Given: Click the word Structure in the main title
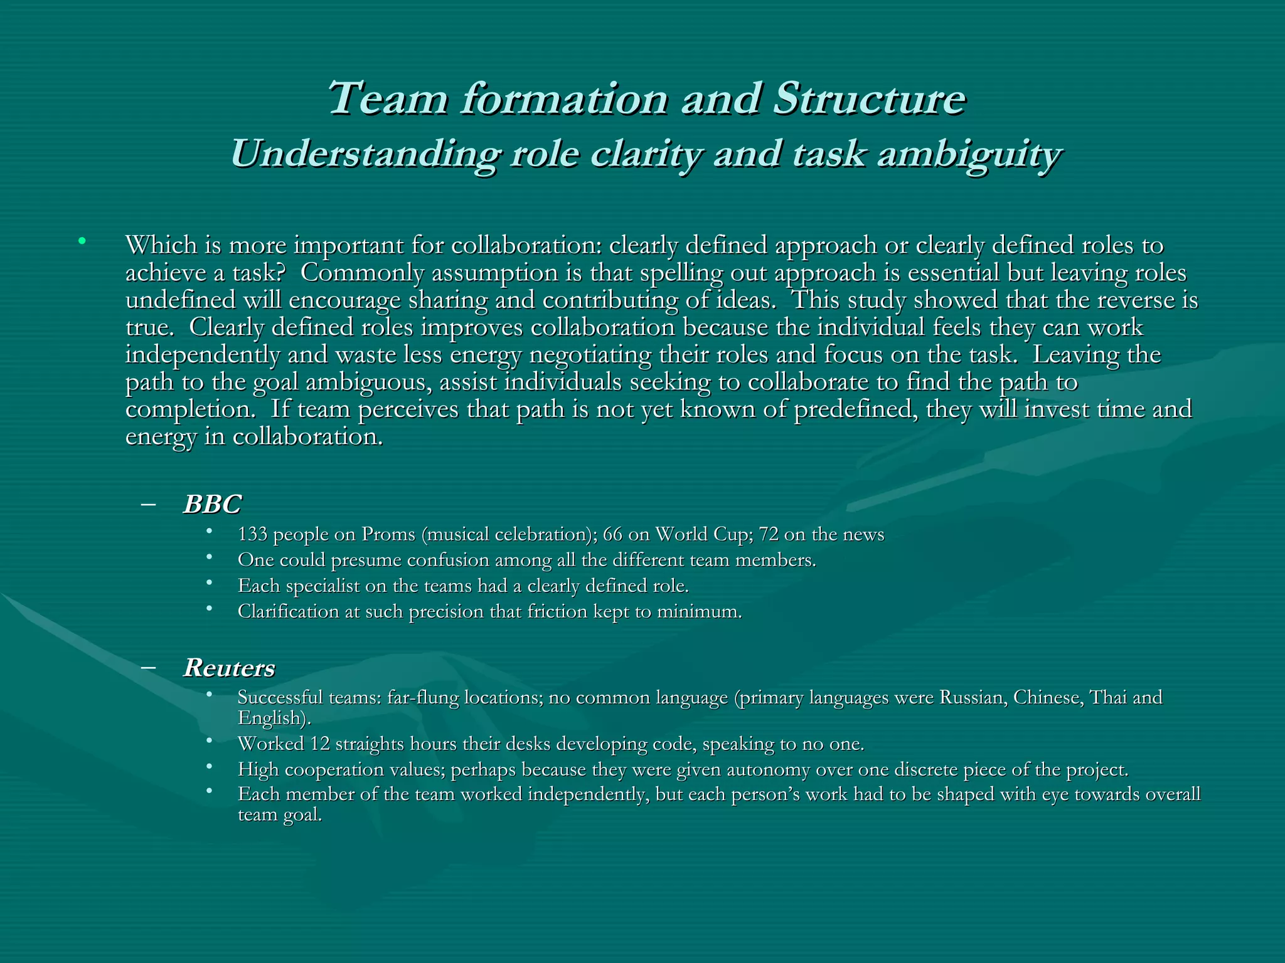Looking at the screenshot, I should pyautogui.click(x=869, y=99).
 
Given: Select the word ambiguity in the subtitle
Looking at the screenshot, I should pyautogui.click(x=969, y=154).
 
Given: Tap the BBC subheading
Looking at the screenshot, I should pyautogui.click(x=212, y=504).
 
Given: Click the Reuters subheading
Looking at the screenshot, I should pyautogui.click(x=229, y=668).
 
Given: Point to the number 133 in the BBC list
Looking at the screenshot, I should pyautogui.click(x=253, y=534).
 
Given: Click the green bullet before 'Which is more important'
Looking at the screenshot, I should pyautogui.click(x=81, y=241).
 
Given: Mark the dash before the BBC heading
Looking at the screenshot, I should pyautogui.click(x=149, y=503).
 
